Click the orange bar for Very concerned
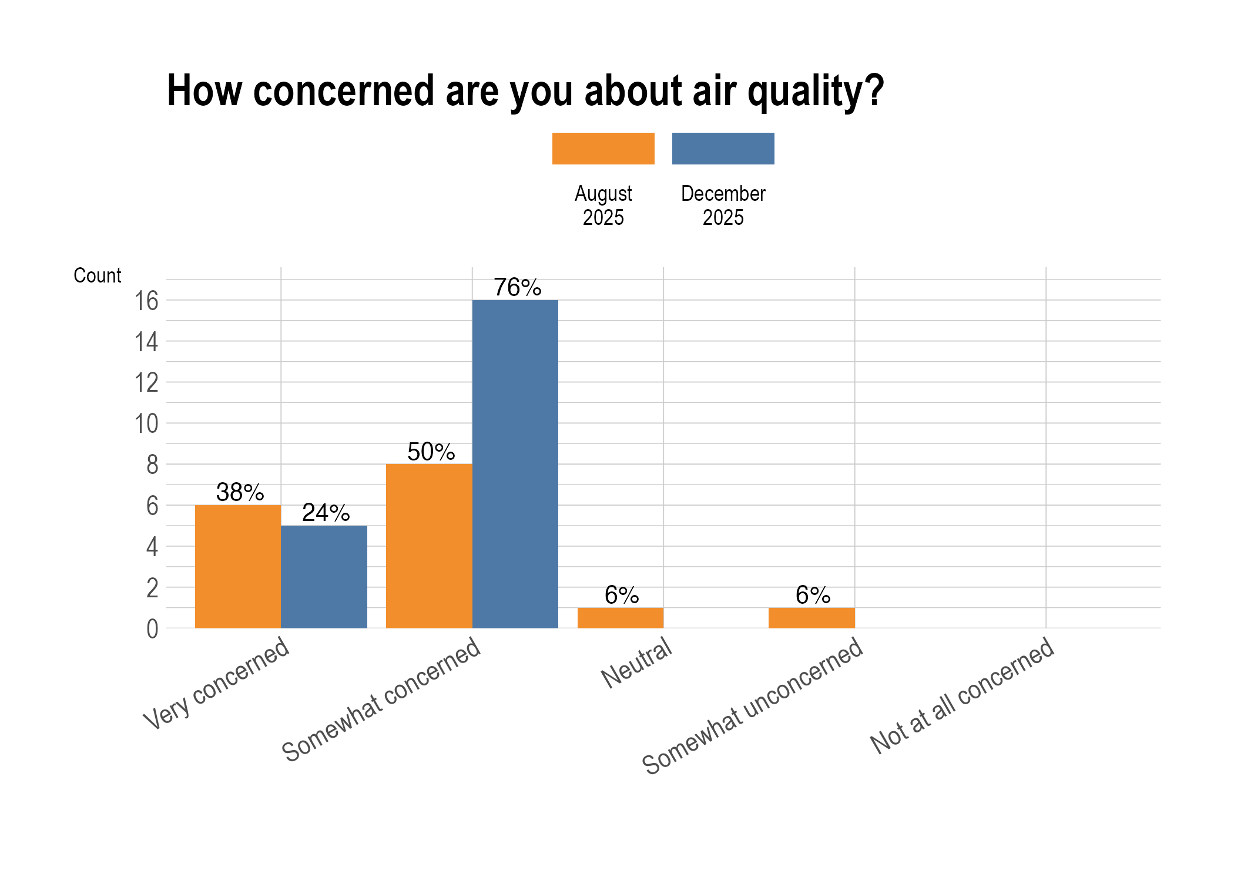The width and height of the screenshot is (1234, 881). (238, 566)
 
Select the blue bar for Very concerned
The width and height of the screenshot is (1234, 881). (324, 577)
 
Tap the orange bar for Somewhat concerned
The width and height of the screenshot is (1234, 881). (429, 546)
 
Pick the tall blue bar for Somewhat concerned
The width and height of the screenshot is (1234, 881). (515, 464)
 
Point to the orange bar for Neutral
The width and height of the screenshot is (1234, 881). (621, 618)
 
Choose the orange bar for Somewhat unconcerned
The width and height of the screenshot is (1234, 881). (812, 618)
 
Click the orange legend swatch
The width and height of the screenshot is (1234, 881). (603, 149)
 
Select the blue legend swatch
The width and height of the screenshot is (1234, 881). (723, 149)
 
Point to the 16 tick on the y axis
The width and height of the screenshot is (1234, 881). (147, 301)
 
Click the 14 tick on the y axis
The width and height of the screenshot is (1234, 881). (147, 342)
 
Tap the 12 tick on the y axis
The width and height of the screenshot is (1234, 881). (147, 384)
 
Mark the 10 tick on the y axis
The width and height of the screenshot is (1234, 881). (147, 424)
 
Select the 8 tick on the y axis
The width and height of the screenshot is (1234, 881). (152, 465)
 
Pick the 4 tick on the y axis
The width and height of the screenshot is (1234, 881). (152, 547)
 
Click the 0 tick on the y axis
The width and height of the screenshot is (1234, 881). (152, 630)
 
